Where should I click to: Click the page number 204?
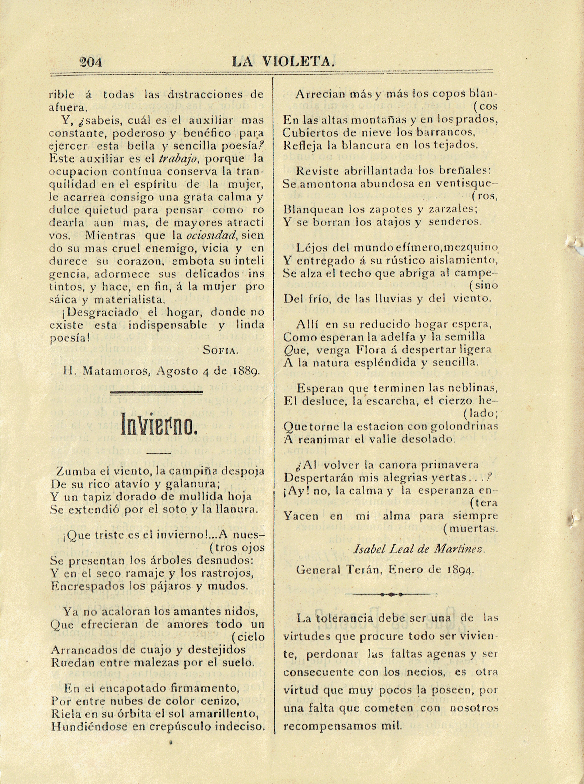pyautogui.click(x=91, y=62)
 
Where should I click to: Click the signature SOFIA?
pyautogui.click(x=221, y=350)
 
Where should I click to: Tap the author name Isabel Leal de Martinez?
pyautogui.click(x=419, y=549)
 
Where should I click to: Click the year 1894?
pyautogui.click(x=460, y=570)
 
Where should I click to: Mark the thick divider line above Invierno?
pyautogui.click(x=157, y=392)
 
